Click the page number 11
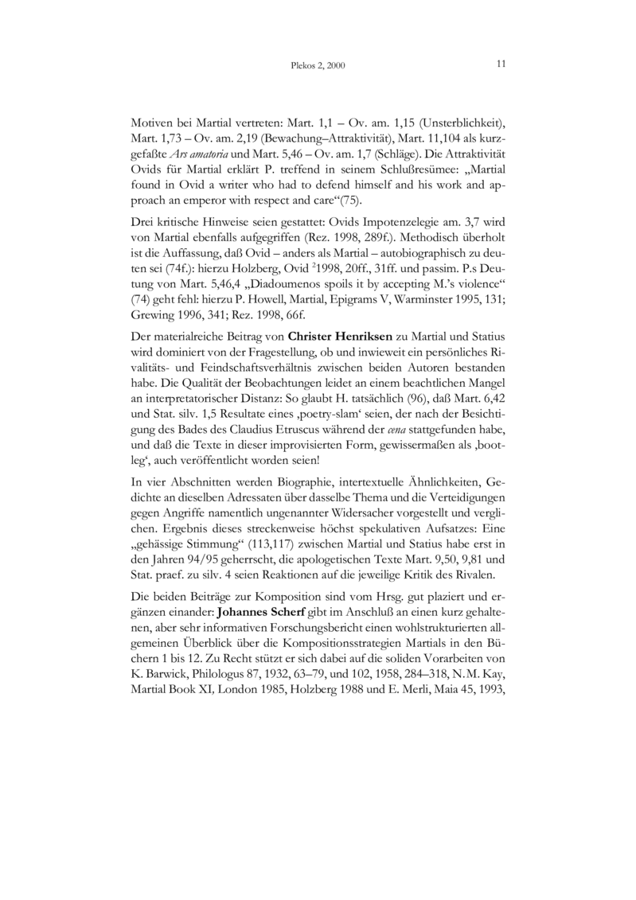click(x=501, y=63)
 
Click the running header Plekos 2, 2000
click(x=318, y=64)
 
